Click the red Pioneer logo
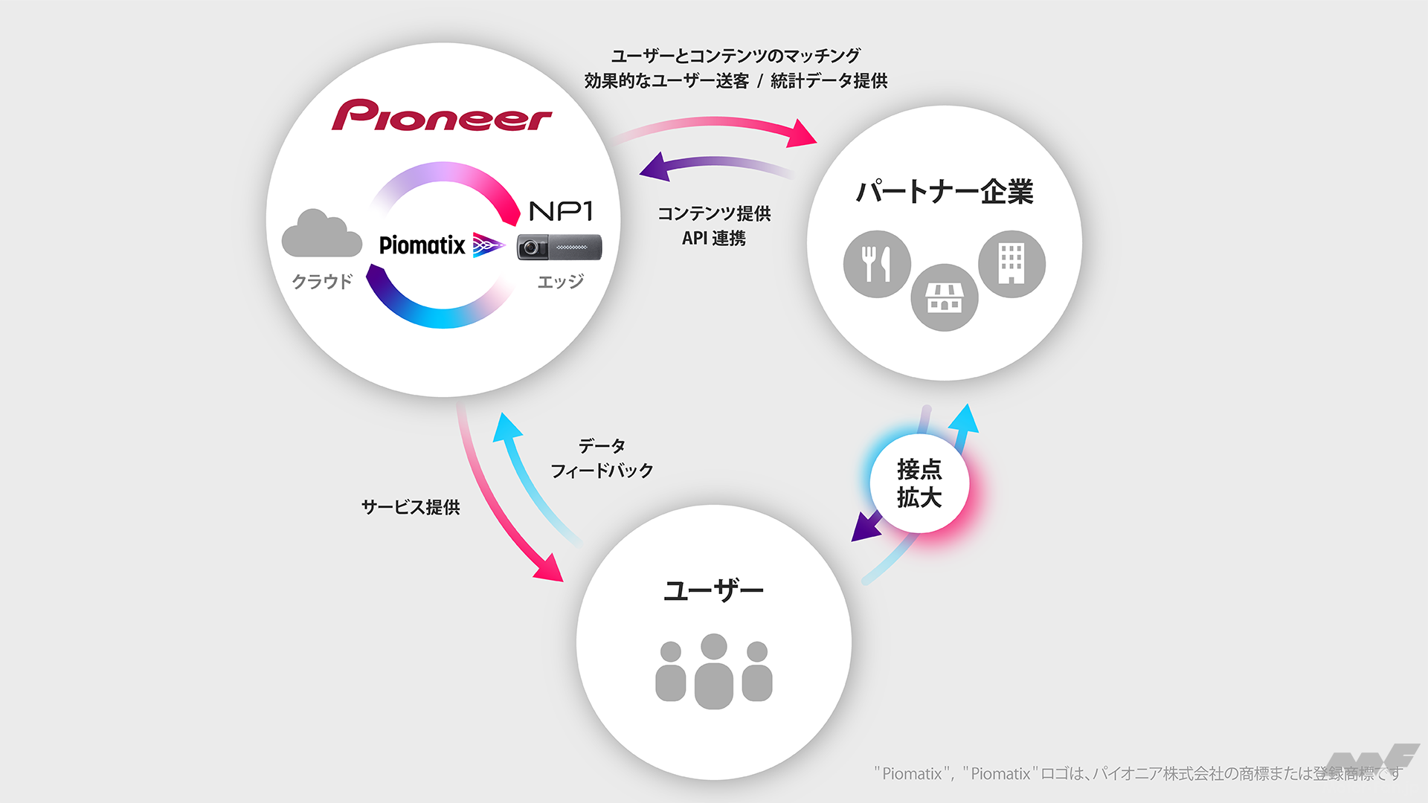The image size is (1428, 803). coord(442,116)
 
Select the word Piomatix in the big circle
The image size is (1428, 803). coord(422,245)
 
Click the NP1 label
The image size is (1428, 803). coord(561,212)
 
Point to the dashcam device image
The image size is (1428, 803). coord(559,247)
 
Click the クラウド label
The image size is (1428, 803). coord(321,282)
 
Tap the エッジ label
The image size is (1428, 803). coord(560,282)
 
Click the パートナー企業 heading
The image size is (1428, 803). coord(945,192)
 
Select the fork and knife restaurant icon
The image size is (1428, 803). coord(877,264)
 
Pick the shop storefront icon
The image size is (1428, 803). coord(945,297)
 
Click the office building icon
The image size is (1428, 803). coord(1011,264)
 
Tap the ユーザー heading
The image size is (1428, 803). coord(713,592)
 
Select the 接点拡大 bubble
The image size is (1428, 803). coord(919,483)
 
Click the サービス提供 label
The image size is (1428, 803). coord(411,507)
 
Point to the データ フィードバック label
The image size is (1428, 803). coord(602,458)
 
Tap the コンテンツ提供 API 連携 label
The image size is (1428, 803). coord(714,225)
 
